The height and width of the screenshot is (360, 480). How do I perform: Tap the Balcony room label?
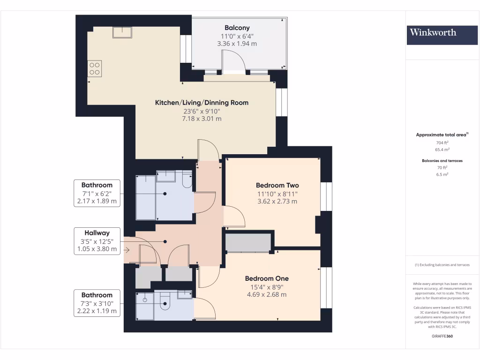(x=237, y=28)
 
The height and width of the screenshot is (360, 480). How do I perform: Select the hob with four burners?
(x=94, y=69)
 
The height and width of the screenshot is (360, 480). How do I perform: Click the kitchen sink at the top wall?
(x=122, y=32)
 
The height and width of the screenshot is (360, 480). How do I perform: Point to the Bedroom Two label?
(x=277, y=185)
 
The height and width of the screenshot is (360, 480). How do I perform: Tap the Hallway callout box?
(x=97, y=241)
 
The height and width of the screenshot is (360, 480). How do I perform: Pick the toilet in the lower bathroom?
(x=165, y=305)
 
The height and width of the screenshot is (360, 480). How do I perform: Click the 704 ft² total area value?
(x=442, y=142)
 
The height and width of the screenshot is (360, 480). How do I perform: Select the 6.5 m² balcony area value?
(x=442, y=174)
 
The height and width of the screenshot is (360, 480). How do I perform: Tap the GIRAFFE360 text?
(x=442, y=336)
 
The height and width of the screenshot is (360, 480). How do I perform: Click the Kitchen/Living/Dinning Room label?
(x=202, y=103)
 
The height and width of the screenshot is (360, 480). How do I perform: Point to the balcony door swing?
(x=233, y=60)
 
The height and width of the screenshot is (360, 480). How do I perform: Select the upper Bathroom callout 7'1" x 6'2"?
(x=97, y=194)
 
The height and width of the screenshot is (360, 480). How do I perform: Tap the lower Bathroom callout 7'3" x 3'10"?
(x=97, y=303)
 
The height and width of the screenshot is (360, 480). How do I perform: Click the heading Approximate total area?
(x=442, y=135)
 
